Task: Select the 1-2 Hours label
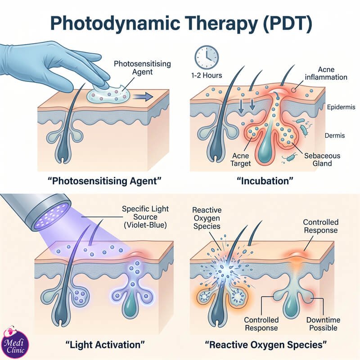coord(207,75)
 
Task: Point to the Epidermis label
coord(341,107)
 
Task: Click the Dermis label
coord(334,135)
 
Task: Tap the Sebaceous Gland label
coord(322,160)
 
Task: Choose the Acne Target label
coord(240,160)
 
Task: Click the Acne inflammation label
coord(326,73)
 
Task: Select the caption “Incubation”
coord(265,181)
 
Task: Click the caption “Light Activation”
coord(105,345)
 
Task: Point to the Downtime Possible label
coord(323,324)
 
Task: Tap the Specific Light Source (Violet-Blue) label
coord(145,217)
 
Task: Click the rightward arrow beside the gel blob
coord(143,97)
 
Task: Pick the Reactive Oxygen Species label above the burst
coord(207,218)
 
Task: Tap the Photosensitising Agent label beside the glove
coord(142,68)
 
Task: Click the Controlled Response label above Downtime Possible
coord(321,226)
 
